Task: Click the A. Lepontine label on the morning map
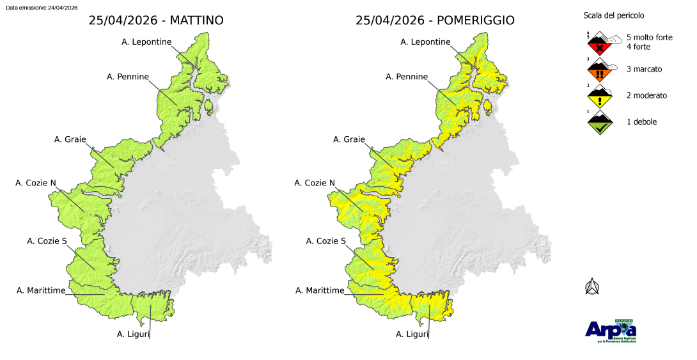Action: (147, 42)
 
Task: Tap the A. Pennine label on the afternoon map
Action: (407, 77)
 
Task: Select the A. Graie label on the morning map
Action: (70, 139)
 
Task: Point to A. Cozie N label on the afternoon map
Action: (315, 183)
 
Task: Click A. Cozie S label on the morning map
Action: (47, 241)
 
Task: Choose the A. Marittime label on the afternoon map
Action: (320, 290)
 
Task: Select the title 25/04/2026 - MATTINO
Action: (156, 21)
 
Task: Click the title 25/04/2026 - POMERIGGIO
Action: (435, 21)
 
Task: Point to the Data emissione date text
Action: (42, 7)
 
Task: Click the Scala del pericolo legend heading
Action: (614, 15)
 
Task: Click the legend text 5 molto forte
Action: (649, 38)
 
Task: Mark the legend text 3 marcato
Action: (644, 69)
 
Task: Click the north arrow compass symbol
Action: (592, 287)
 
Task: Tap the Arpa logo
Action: (611, 330)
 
